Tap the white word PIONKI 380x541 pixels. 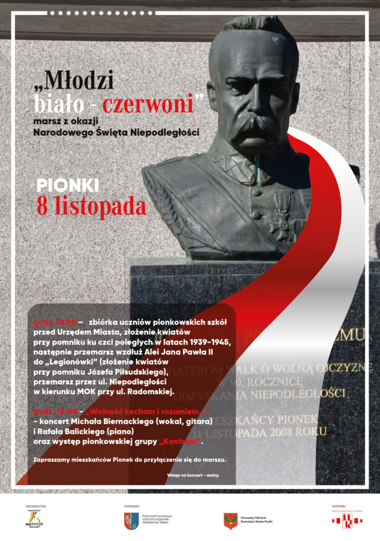68,185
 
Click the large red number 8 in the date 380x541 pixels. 42,206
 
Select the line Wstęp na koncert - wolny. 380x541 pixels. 193,475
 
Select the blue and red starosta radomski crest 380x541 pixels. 131,521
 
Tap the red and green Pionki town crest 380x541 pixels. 230,521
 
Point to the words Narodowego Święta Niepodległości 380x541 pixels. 116,132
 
